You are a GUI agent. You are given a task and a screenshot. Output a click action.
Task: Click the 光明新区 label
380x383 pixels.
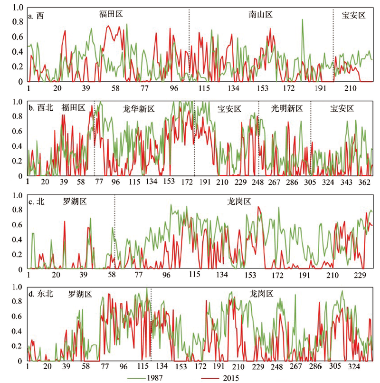(287, 109)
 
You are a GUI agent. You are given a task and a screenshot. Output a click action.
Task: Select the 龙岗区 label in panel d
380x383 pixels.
(262, 294)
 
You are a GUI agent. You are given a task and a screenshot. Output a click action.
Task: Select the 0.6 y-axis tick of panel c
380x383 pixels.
(17, 225)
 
